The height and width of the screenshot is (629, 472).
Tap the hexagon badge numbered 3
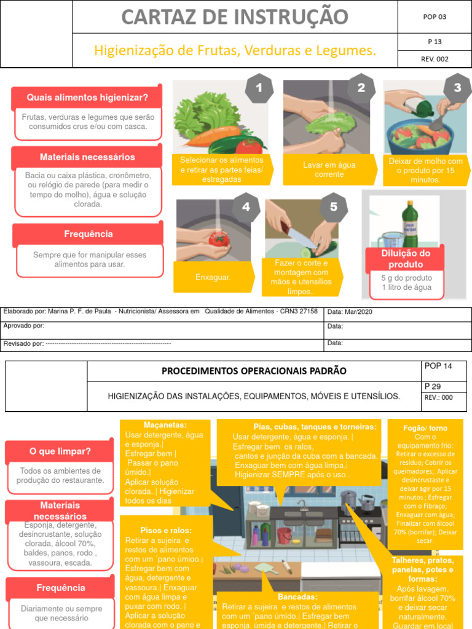tap(457, 88)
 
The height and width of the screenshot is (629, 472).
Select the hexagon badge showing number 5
tap(334, 207)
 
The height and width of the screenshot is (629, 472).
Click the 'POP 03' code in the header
tap(435, 17)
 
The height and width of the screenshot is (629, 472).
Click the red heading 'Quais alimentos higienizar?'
tap(87, 98)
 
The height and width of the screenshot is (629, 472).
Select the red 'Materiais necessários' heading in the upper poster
tap(87, 157)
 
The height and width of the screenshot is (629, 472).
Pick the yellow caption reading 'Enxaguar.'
tap(213, 278)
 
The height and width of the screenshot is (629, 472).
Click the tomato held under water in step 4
tap(218, 238)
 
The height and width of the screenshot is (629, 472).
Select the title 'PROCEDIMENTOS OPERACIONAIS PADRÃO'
tap(254, 371)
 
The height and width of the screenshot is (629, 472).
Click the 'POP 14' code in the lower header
tap(438, 366)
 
